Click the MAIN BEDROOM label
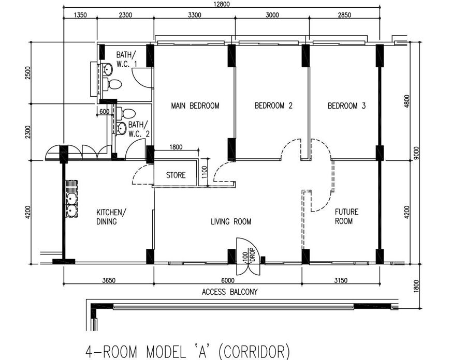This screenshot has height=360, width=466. coord(195,106)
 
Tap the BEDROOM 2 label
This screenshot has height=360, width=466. coord(273,106)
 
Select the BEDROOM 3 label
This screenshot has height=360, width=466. coord(346,106)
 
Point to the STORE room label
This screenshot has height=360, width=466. coord(176,175)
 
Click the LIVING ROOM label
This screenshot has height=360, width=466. coord(231,222)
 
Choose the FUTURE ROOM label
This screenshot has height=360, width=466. coord(346,216)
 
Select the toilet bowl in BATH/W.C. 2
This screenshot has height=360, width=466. coord(126,113)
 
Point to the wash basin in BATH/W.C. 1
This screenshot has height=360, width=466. coord(107,69)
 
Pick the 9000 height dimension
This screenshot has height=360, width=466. coord(416,153)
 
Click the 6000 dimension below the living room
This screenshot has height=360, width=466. coord(228,280)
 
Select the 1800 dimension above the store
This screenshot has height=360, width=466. coord(176,147)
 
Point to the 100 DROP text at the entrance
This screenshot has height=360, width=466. coord(249,255)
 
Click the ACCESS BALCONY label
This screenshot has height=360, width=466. coord(230,292)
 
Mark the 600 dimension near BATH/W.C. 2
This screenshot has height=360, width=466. coord(104,112)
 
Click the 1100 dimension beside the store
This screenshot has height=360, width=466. coord(204,172)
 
